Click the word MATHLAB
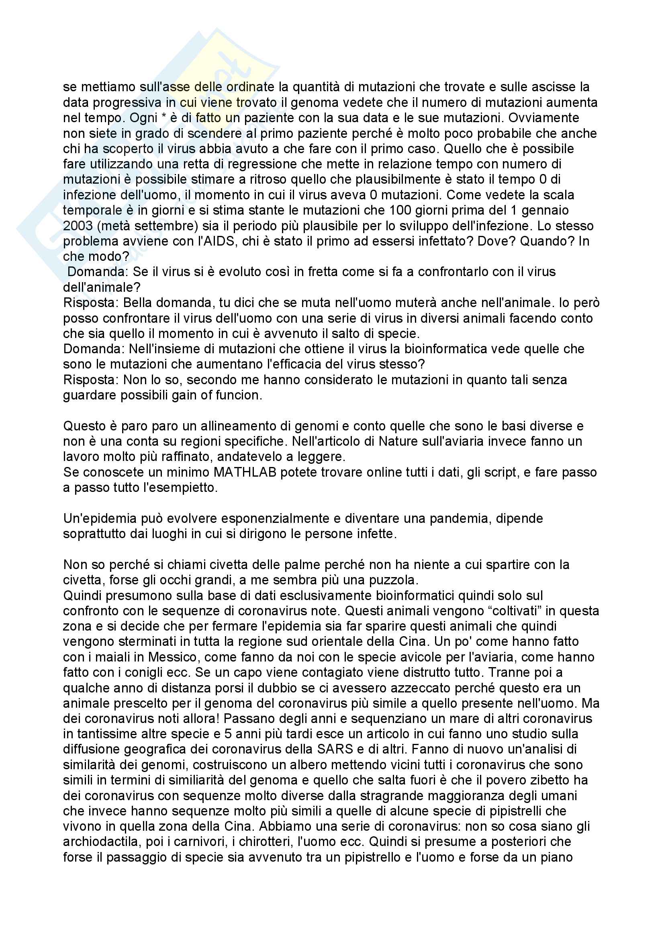pos(244,472)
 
